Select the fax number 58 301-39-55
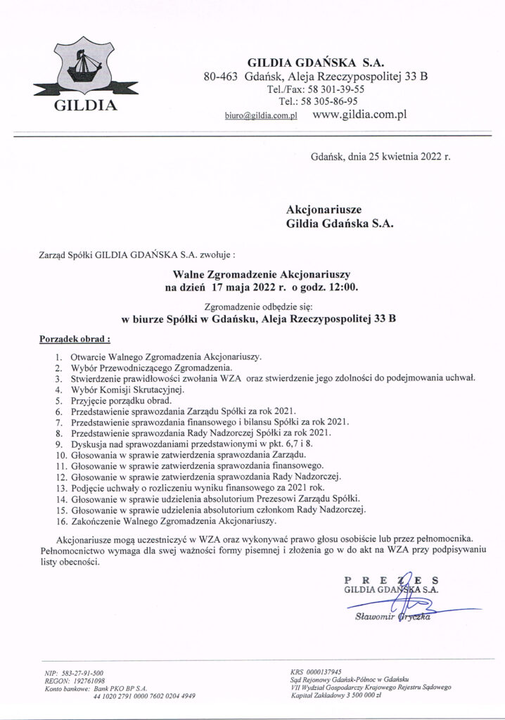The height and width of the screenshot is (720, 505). pyautogui.click(x=338, y=89)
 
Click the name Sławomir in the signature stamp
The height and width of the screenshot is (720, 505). pyautogui.click(x=376, y=619)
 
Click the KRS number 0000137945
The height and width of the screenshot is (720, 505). pyautogui.click(x=325, y=672)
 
